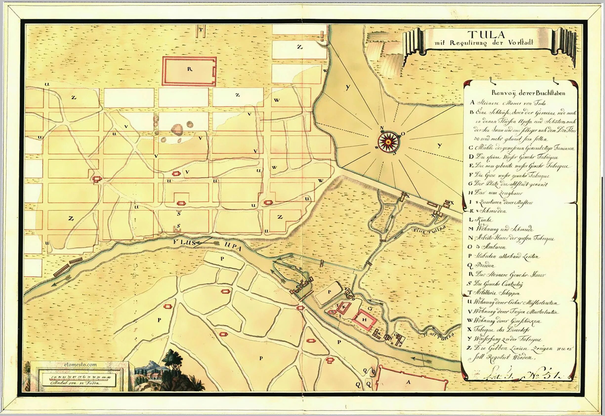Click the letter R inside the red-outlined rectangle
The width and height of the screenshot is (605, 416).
[x=189, y=69]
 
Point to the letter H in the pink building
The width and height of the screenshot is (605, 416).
[x=364, y=320]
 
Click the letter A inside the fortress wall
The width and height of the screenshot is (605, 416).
[x=408, y=382]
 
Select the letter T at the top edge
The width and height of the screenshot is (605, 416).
[x=201, y=29]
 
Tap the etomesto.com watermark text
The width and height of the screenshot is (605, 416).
[x=80, y=365]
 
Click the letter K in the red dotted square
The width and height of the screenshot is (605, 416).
[x=344, y=307]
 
